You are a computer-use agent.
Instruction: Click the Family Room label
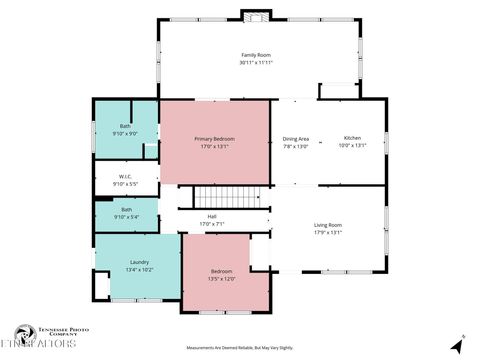(x=256, y=55)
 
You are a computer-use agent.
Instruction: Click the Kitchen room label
(x=352, y=138)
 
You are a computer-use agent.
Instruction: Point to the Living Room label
(x=328, y=225)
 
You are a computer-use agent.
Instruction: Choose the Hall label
(x=212, y=216)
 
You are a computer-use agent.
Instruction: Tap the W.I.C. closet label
(x=126, y=177)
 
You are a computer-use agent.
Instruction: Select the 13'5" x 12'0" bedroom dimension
(x=223, y=278)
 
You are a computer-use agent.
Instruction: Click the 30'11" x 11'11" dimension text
(x=256, y=62)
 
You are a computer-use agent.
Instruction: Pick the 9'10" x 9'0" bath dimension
(x=126, y=133)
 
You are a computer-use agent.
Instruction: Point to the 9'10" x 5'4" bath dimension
(x=126, y=217)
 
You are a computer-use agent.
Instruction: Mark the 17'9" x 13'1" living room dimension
(x=328, y=232)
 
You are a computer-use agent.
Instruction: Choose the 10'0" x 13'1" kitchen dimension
(x=352, y=145)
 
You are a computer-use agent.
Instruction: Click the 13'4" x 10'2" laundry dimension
(x=139, y=269)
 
